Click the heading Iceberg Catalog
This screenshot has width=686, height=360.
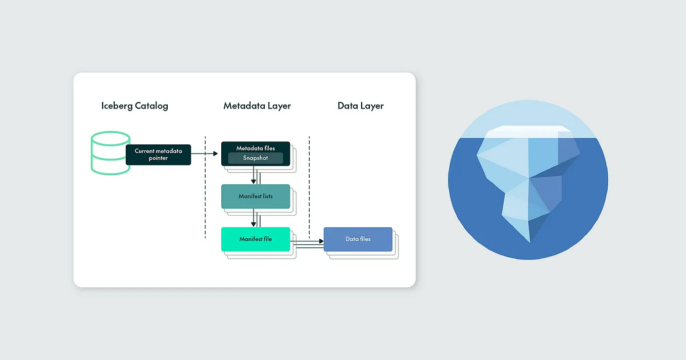134,106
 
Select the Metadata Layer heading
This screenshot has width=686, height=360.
257,106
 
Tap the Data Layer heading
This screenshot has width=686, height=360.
361,106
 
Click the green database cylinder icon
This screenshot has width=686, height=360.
110,153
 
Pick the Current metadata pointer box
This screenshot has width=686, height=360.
158,155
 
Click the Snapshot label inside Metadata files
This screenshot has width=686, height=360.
256,158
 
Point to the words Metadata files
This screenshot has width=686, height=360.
256,148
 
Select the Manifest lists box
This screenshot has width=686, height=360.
256,196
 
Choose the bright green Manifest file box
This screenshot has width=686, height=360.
256,239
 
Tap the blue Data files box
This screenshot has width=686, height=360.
358,239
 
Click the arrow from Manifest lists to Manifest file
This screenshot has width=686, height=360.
254,218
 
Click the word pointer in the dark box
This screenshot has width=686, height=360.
158,158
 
